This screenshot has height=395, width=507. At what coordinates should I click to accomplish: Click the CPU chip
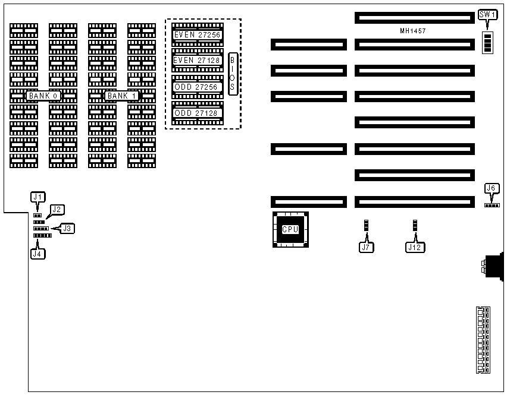point(290,229)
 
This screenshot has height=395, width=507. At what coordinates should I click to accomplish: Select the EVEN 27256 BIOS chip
point(197,35)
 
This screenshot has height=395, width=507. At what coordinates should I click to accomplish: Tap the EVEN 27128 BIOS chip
point(197,60)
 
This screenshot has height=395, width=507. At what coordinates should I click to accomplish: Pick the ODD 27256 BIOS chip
point(197,87)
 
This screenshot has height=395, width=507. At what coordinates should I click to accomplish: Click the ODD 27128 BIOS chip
point(197,113)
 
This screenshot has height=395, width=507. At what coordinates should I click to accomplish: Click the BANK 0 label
point(43,96)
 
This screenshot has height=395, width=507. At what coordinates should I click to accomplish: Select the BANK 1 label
point(122,96)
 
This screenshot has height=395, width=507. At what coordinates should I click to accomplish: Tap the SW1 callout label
point(487,15)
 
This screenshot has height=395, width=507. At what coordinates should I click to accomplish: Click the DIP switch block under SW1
point(488,43)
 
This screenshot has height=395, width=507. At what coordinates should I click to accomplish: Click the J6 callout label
point(492,189)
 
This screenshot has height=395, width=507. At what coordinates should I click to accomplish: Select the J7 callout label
point(367,247)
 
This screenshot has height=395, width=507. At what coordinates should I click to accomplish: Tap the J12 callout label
point(415,247)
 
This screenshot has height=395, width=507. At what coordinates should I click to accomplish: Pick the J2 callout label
point(58,209)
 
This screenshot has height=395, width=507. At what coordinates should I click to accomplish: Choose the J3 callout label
point(68,228)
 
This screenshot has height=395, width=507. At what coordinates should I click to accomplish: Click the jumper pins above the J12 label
point(415,226)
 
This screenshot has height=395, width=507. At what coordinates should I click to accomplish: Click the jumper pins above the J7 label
point(367,226)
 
